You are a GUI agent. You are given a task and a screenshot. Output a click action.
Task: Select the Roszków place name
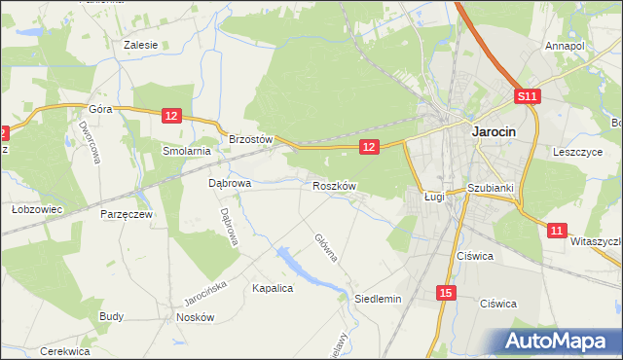[335, 185]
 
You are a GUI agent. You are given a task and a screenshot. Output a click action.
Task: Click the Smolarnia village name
[187, 151]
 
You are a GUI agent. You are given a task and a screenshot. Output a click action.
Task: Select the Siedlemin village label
[378, 299]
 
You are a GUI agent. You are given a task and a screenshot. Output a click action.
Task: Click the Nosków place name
[195, 317]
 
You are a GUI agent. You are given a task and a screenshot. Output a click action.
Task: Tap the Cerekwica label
[65, 350]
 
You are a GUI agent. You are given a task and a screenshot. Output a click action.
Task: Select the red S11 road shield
[527, 96]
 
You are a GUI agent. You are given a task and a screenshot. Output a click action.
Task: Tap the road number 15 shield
[445, 292]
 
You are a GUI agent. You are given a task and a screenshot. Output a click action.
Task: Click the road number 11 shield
[556, 231]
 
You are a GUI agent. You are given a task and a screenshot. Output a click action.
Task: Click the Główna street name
[325, 247]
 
